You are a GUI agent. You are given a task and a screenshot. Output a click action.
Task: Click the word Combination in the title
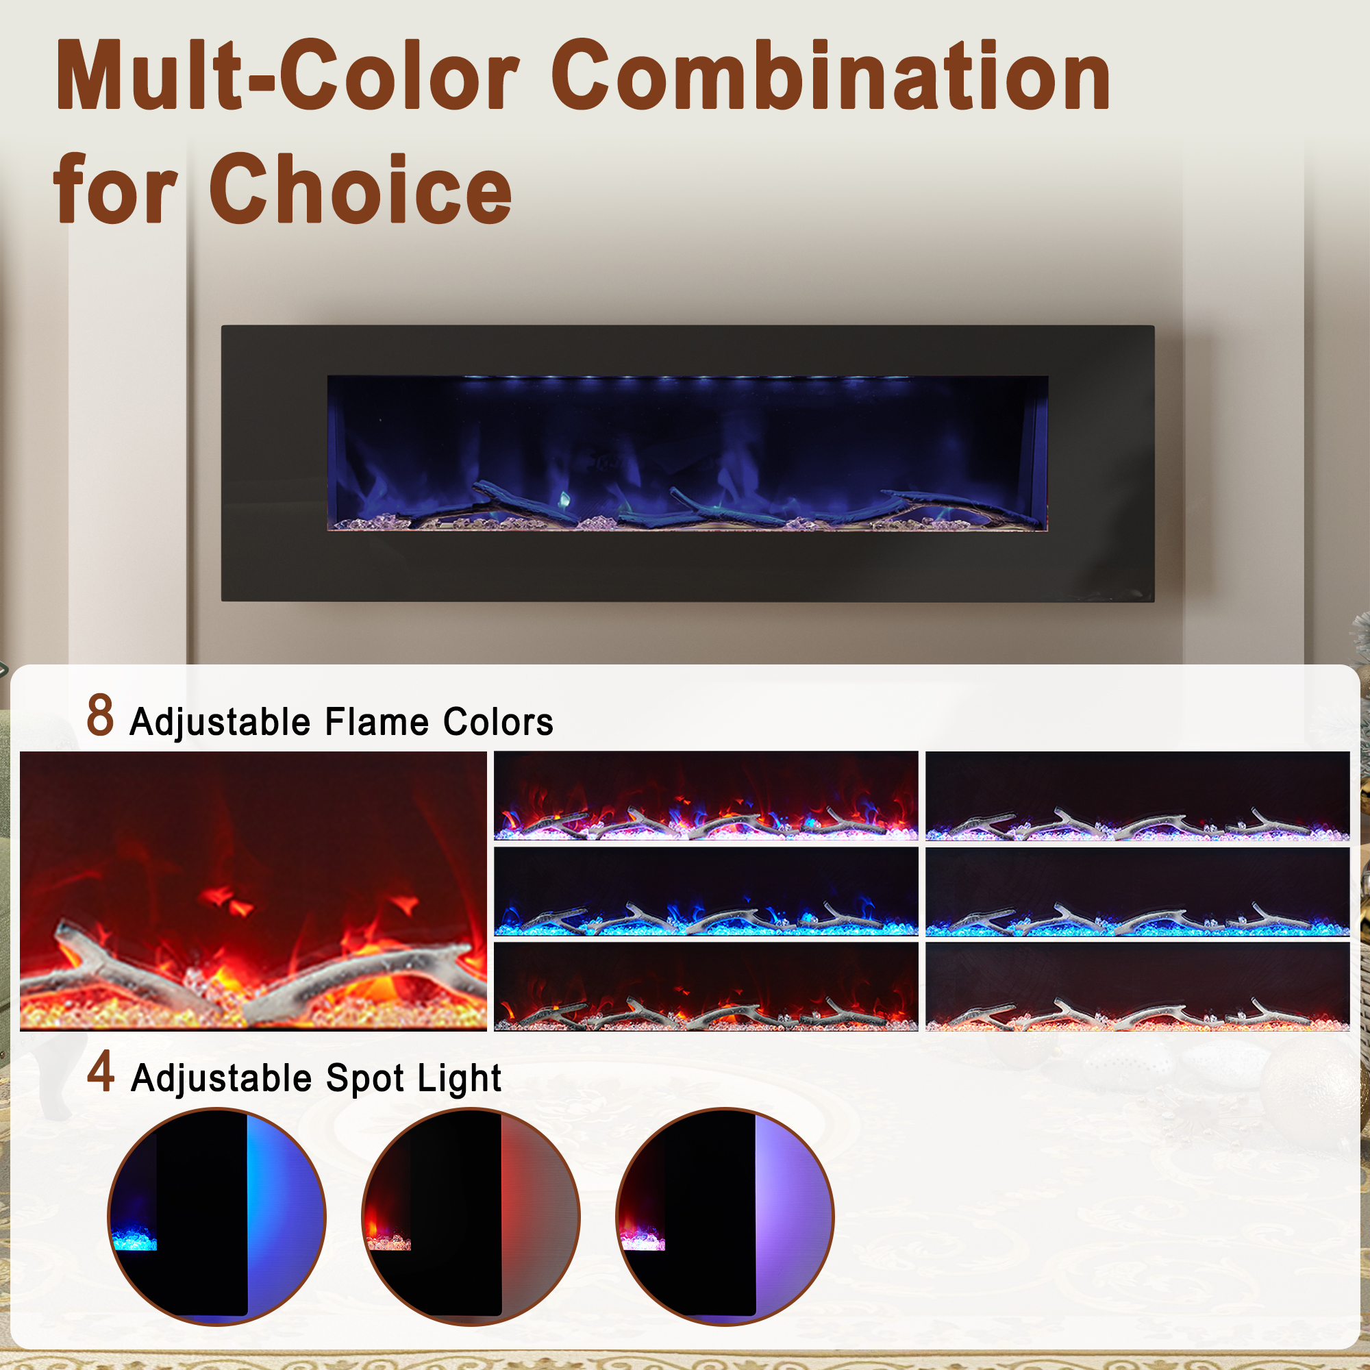click(830, 77)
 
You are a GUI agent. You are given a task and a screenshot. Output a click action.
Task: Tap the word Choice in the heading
click(360, 190)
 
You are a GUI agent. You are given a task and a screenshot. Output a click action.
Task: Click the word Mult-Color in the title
click(287, 77)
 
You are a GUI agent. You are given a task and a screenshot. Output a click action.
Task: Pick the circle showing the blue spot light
click(216, 1216)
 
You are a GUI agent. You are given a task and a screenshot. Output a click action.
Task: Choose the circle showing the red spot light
click(471, 1216)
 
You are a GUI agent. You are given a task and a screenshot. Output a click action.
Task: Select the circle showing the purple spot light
click(725, 1216)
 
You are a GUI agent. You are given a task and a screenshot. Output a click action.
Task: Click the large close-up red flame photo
click(253, 891)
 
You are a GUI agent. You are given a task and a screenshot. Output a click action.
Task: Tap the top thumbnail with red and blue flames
click(706, 795)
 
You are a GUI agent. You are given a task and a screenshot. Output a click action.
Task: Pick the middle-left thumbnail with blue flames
click(706, 891)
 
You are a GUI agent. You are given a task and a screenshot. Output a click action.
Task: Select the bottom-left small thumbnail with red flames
click(706, 986)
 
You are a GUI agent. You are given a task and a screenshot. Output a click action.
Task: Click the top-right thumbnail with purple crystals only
click(1137, 795)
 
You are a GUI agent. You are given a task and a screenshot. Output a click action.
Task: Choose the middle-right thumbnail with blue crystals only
click(1137, 891)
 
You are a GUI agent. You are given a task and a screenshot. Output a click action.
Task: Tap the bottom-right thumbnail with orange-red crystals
click(1137, 986)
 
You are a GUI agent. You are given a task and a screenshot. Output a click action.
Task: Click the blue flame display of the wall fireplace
click(687, 453)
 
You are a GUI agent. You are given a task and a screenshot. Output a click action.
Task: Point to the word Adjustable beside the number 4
click(221, 1079)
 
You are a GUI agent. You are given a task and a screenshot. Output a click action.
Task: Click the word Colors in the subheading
click(498, 723)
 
